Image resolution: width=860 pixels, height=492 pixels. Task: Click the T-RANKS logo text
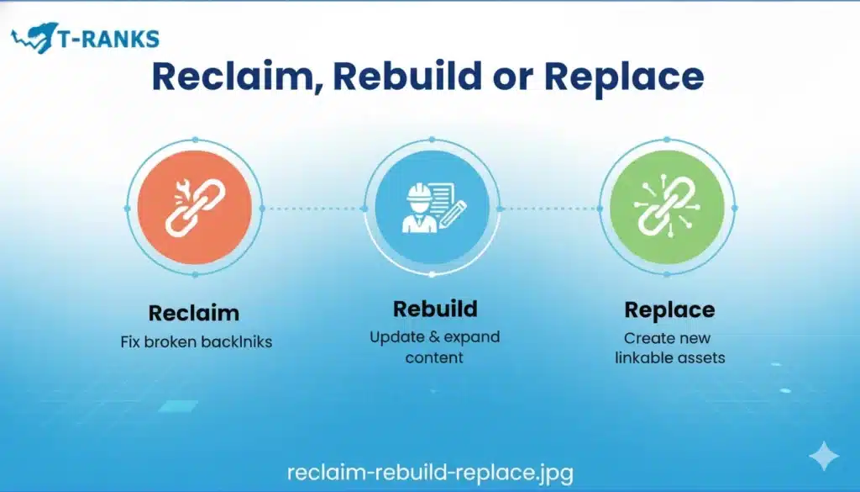tap(108, 39)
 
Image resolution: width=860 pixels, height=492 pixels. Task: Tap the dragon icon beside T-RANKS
tap(34, 37)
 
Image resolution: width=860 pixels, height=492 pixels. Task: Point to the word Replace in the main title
tap(624, 78)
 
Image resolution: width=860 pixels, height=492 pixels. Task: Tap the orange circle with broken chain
tap(195, 208)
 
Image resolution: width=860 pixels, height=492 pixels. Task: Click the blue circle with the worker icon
tap(433, 208)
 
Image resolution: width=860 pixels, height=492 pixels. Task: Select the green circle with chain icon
tap(667, 208)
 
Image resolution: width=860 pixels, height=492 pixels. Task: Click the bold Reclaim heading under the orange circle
tap(194, 313)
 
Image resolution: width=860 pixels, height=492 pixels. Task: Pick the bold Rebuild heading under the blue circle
tap(436, 309)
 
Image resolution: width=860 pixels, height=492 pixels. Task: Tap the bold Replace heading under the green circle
tap(669, 310)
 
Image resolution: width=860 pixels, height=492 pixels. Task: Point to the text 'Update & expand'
tap(435, 337)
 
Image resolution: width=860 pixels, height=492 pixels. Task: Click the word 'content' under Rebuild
tap(434, 358)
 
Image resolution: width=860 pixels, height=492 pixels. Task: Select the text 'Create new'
tap(668, 338)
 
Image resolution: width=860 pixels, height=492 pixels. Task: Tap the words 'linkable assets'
tap(670, 358)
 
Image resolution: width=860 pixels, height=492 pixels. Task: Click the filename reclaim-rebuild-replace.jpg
tap(431, 473)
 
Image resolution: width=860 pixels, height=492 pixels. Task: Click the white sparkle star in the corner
tap(824, 456)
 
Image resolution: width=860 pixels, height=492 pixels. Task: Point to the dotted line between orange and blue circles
tap(313, 209)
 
